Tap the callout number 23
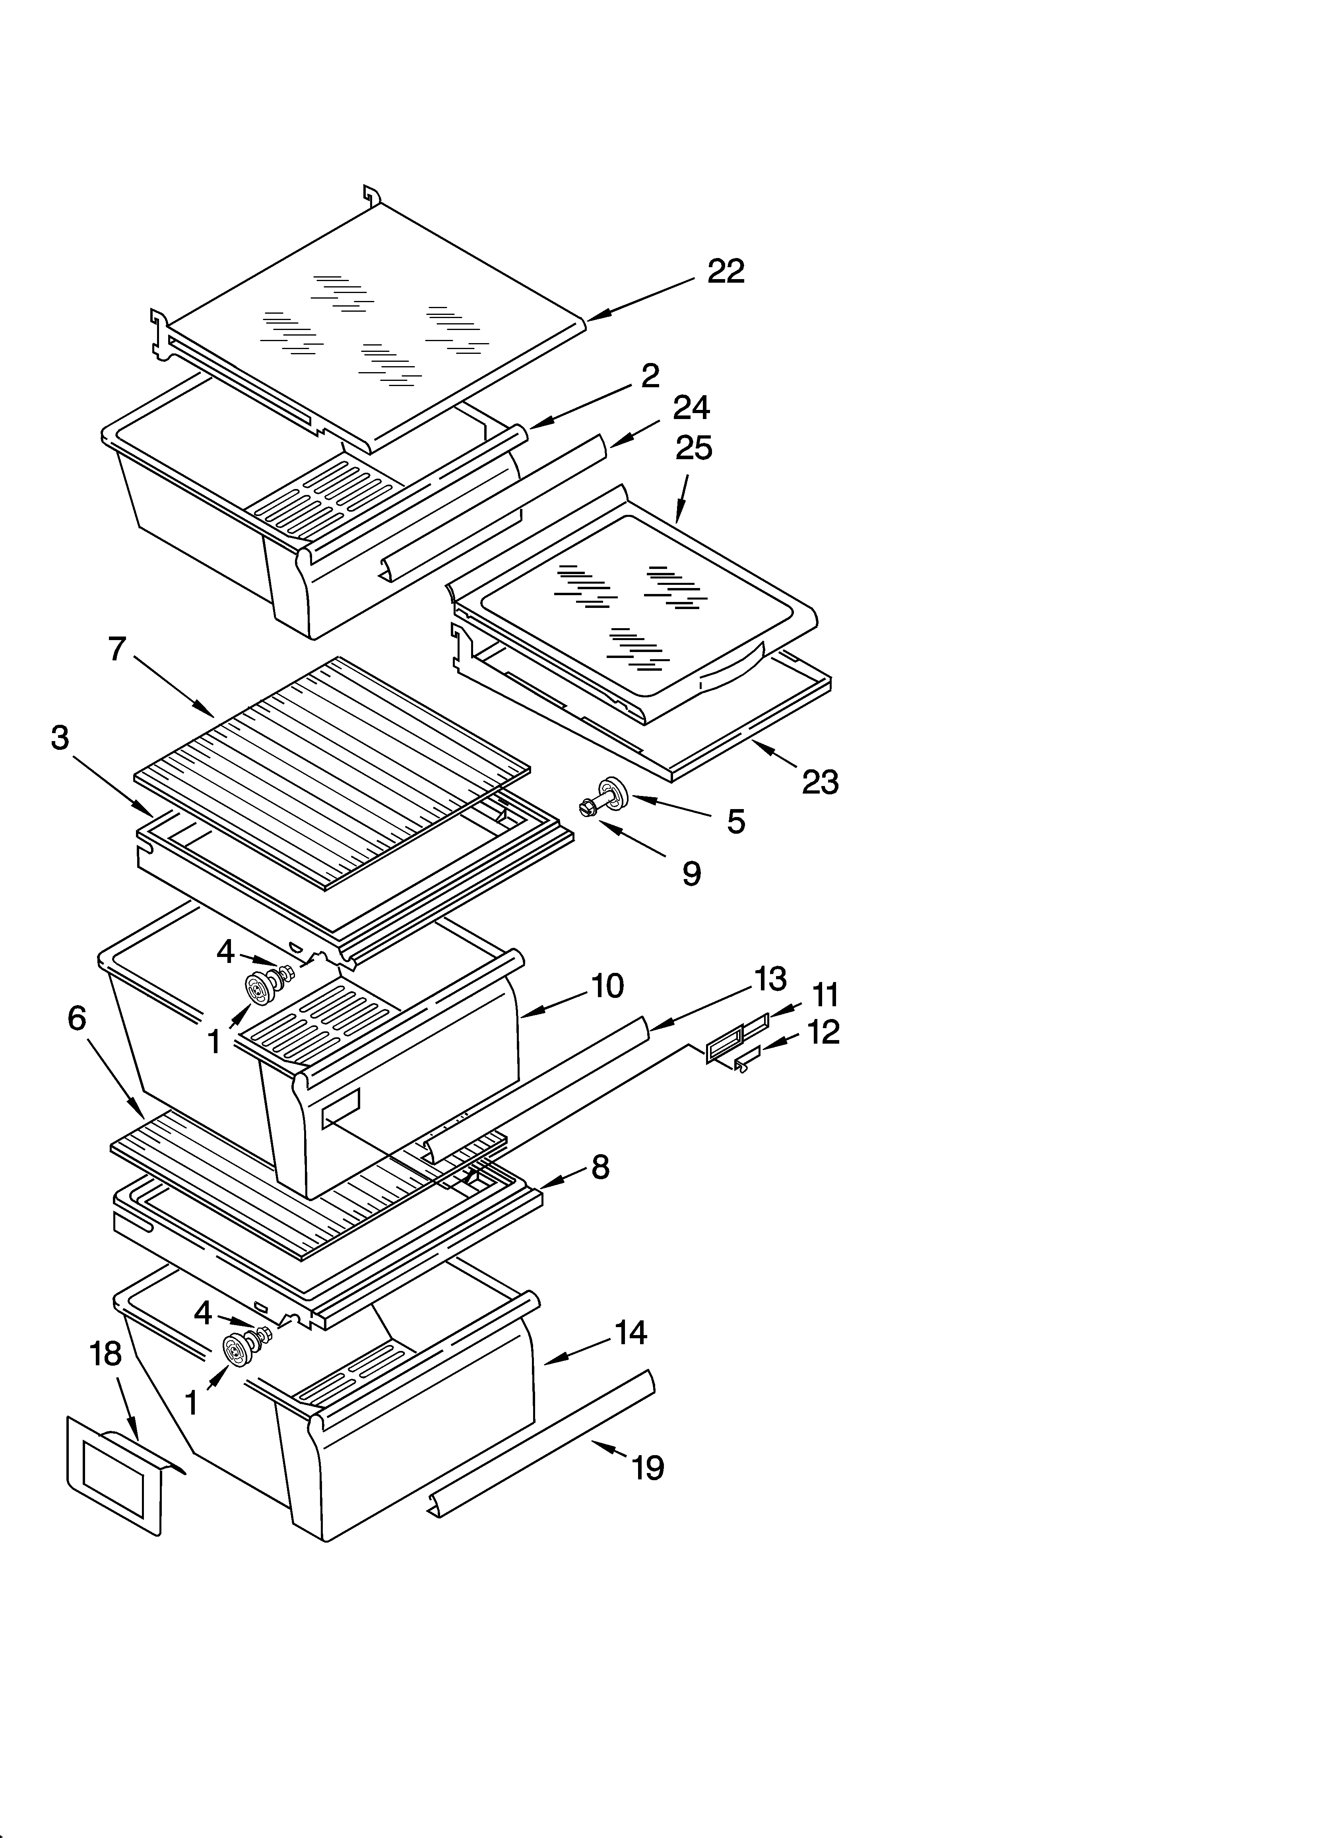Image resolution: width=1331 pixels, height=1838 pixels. click(x=819, y=782)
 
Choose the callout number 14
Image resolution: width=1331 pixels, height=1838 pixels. click(x=631, y=1333)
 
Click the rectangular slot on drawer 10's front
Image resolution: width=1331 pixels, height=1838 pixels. click(x=340, y=1108)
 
